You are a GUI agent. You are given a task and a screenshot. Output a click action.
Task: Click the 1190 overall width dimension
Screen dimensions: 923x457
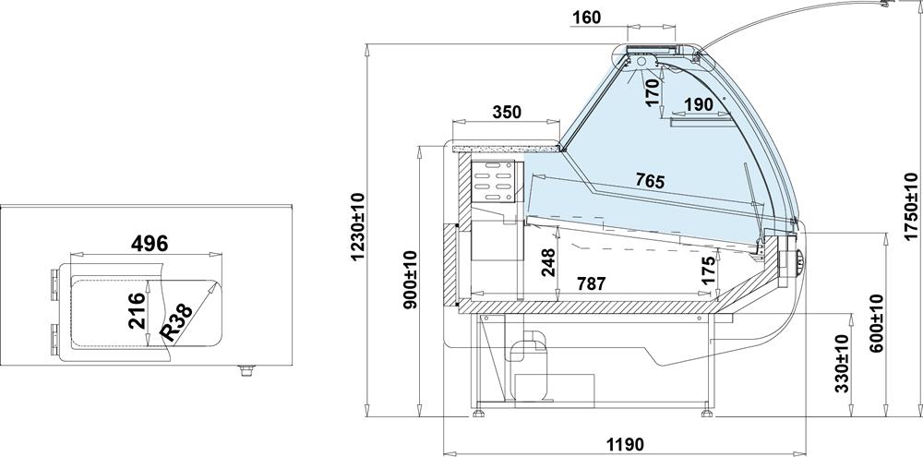[624, 443]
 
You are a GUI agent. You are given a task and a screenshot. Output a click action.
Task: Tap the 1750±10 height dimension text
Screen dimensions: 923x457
[911, 206]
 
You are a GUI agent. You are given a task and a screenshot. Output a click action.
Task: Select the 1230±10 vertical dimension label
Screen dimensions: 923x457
[357, 227]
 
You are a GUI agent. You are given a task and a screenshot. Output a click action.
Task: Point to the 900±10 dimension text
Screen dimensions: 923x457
[411, 280]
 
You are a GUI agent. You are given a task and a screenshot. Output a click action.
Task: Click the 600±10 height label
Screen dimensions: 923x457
[877, 323]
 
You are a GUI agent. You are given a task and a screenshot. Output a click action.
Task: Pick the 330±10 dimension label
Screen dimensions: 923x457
[842, 364]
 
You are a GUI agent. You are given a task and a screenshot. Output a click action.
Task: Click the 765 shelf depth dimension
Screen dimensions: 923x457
[650, 181]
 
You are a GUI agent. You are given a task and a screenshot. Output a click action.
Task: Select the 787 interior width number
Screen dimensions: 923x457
[590, 283]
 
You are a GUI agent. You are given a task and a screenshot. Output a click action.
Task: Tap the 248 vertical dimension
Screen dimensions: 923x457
[548, 262]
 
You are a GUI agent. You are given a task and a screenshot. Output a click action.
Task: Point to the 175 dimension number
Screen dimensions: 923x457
[709, 270]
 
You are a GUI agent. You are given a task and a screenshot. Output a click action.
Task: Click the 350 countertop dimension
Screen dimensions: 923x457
[506, 112]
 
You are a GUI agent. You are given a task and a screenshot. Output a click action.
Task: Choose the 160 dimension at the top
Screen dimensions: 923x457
[586, 18]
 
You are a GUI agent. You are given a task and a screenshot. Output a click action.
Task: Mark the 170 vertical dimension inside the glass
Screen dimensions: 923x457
[653, 92]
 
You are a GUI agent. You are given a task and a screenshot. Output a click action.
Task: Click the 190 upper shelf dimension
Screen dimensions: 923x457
[699, 105]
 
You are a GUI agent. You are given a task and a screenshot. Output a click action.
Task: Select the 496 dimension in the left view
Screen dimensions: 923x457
[150, 243]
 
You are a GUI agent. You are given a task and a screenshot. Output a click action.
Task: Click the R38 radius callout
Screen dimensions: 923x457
[176, 323]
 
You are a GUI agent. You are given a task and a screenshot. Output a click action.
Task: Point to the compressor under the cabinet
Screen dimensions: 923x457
[529, 365]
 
